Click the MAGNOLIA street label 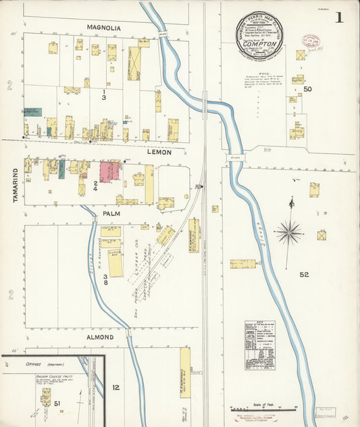pos(103,28)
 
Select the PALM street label pos(111,214)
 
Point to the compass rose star pos(289,232)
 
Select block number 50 pos(308,89)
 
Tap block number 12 pos(115,387)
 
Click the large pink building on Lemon pos(109,171)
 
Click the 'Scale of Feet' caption pos(263,404)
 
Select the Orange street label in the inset pos(27,362)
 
